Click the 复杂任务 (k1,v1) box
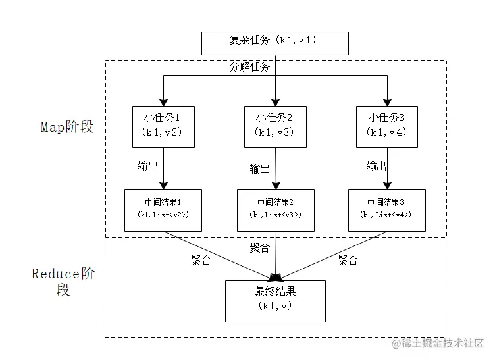coord(274,41)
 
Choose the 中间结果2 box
coord(275,209)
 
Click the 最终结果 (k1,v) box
coord(275,300)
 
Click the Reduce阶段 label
coord(63,281)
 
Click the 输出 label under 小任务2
coord(260,168)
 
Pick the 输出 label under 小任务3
coord(377,165)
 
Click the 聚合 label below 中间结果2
coord(260,247)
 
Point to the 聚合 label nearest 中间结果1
coord(200,260)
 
